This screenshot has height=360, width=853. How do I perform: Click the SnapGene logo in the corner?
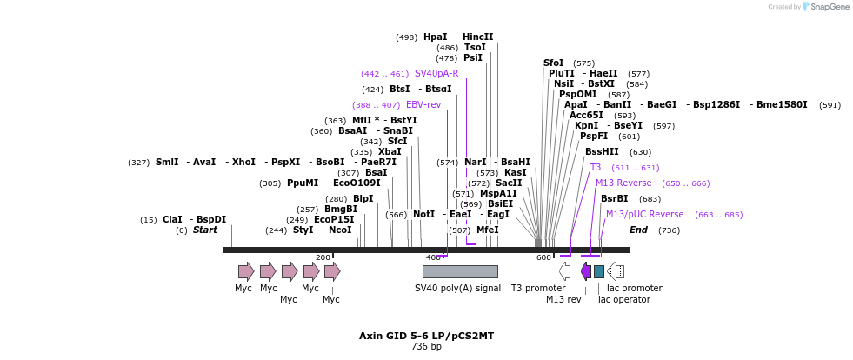click(x=825, y=6)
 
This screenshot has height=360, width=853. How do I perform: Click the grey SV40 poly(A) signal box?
click(x=460, y=271)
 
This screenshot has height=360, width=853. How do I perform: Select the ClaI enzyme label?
click(x=172, y=220)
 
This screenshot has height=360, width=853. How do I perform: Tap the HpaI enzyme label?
click(x=436, y=37)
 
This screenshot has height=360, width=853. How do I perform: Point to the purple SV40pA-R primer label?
click(x=436, y=74)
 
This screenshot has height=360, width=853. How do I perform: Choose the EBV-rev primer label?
click(x=423, y=105)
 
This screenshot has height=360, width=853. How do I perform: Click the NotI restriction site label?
click(x=424, y=214)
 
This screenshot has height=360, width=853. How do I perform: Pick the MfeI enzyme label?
click(x=488, y=230)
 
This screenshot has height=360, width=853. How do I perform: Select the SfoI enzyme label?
click(x=554, y=63)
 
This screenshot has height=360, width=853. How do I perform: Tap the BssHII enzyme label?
click(x=602, y=152)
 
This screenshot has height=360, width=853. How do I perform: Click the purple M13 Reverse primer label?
click(x=623, y=183)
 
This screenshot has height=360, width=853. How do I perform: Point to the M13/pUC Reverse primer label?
click(x=644, y=215)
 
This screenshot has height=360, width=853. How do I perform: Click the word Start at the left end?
click(x=205, y=230)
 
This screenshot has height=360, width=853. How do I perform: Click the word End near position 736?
click(x=638, y=230)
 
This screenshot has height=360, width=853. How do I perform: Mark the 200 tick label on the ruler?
click(x=323, y=257)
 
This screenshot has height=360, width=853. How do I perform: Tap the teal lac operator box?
click(x=599, y=271)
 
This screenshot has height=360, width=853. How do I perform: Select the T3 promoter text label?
click(x=538, y=288)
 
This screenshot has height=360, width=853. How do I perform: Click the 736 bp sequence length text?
click(x=426, y=347)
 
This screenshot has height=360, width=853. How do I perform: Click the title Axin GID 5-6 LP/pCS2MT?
click(x=426, y=336)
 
